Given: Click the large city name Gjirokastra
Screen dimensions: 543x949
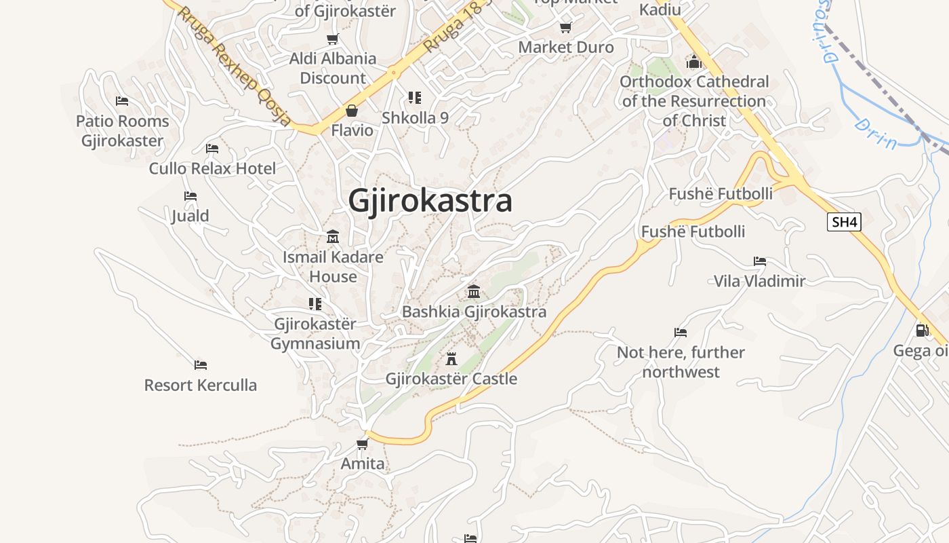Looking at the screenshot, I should pyautogui.click(x=430, y=202).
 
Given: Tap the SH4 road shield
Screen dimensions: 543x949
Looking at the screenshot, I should pyautogui.click(x=844, y=222).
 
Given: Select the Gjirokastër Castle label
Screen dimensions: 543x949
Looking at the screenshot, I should pyautogui.click(x=451, y=379).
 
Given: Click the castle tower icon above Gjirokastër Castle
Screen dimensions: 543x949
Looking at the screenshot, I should pyautogui.click(x=451, y=358).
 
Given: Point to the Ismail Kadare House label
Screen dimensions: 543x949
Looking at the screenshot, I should pyautogui.click(x=333, y=267).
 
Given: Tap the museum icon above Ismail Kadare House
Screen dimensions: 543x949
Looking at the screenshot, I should pyautogui.click(x=333, y=237).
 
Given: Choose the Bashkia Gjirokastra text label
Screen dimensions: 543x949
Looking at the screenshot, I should pyautogui.click(x=474, y=312).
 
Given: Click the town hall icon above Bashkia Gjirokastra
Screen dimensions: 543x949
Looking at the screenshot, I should pyautogui.click(x=474, y=292).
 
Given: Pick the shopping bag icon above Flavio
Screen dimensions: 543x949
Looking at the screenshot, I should pyautogui.click(x=352, y=111).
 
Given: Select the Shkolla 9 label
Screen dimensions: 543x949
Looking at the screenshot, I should pyautogui.click(x=415, y=117).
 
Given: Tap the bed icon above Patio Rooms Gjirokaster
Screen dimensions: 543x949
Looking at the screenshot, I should pyautogui.click(x=122, y=101).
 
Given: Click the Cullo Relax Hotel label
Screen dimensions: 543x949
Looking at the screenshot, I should pyautogui.click(x=212, y=168).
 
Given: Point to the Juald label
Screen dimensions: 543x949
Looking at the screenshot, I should pyautogui.click(x=190, y=216).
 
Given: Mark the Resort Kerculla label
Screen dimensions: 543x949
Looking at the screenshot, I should pyautogui.click(x=201, y=385).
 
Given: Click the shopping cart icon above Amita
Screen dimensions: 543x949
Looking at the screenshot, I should pyautogui.click(x=363, y=445).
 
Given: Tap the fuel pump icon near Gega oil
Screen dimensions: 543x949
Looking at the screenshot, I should pyautogui.click(x=922, y=331).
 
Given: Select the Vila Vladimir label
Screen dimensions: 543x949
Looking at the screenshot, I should pyautogui.click(x=759, y=281).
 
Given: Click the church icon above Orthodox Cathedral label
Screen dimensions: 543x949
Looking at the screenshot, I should pyautogui.click(x=693, y=62).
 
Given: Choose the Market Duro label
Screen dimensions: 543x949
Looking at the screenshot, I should pyautogui.click(x=566, y=48).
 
